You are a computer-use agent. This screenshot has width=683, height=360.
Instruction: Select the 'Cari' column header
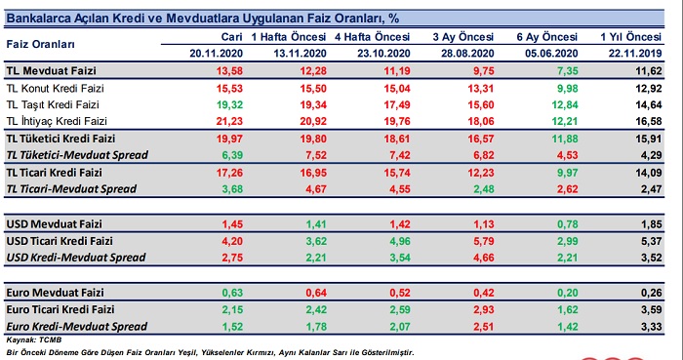(x=232, y=37)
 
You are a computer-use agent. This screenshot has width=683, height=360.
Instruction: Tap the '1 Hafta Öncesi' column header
(x=289, y=37)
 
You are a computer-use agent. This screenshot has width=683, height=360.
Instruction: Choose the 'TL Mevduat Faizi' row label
(x=52, y=70)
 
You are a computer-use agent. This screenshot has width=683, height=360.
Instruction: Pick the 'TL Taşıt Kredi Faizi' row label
(x=53, y=105)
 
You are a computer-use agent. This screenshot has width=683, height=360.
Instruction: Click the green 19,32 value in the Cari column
(x=229, y=105)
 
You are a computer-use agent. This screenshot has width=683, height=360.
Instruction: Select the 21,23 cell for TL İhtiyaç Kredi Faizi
(x=229, y=121)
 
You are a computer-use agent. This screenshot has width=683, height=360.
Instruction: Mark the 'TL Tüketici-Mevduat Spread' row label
(x=77, y=155)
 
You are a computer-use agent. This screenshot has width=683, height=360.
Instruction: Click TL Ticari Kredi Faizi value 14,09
(x=649, y=173)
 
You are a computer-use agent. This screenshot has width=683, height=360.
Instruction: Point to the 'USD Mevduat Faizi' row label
(x=54, y=224)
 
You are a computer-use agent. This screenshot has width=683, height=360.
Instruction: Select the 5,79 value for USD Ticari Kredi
(x=482, y=241)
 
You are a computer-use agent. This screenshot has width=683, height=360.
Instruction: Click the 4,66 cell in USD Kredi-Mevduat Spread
(x=482, y=258)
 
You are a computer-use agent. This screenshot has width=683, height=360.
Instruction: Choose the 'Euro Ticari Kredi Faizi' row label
(x=60, y=309)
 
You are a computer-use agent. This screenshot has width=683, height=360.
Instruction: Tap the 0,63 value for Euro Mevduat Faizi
(x=232, y=293)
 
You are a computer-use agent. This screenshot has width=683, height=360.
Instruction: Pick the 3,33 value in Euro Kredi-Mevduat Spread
(x=651, y=327)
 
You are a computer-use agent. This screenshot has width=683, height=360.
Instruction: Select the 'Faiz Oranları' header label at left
(x=41, y=45)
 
